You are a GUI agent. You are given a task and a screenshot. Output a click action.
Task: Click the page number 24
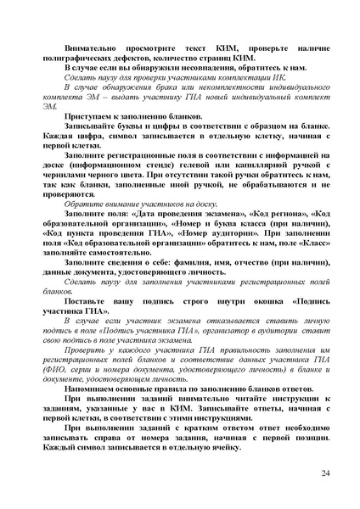tap(326, 472)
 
